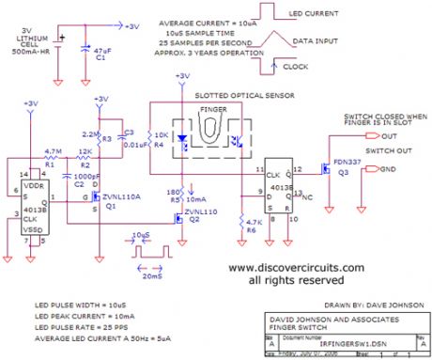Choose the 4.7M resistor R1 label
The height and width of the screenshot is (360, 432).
tap(54, 149)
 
